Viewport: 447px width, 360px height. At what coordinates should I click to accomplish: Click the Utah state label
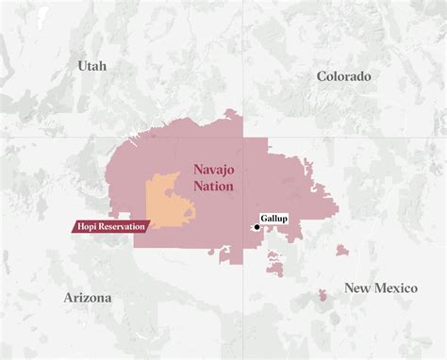(92, 66)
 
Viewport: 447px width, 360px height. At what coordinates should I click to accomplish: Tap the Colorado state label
(343, 76)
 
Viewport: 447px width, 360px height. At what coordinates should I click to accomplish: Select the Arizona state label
(88, 298)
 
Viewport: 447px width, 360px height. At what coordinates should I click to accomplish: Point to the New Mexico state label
(380, 288)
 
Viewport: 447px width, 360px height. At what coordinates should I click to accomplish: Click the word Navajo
(216, 170)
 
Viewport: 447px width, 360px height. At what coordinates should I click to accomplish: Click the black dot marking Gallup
(257, 227)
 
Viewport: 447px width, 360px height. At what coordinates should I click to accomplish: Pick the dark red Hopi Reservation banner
(110, 226)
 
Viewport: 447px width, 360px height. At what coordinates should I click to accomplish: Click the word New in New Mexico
(356, 288)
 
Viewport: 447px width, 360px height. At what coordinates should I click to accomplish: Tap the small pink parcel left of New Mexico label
(323, 295)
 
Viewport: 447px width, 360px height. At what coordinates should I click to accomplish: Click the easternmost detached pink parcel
(340, 251)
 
